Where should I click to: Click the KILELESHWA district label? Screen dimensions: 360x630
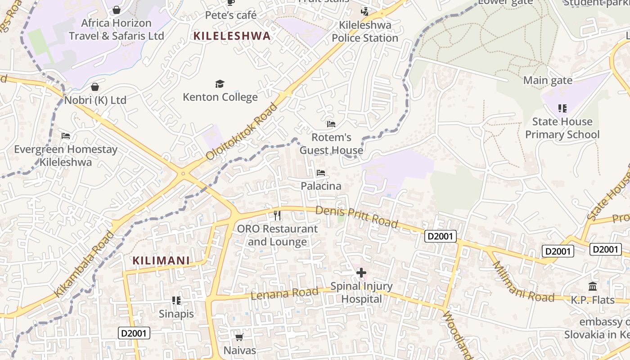click(x=232, y=36)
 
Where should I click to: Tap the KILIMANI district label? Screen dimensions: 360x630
click(x=161, y=261)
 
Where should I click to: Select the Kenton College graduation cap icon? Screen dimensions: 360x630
click(x=220, y=84)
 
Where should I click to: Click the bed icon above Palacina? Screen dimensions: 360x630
click(x=320, y=173)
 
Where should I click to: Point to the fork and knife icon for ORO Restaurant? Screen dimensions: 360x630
click(x=277, y=216)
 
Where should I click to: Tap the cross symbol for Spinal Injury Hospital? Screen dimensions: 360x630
click(x=361, y=273)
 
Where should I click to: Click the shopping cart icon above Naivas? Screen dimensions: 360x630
click(x=239, y=337)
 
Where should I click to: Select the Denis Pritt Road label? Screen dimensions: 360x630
click(x=356, y=216)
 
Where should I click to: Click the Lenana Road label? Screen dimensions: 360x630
click(x=284, y=293)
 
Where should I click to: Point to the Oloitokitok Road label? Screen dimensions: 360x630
click(x=242, y=131)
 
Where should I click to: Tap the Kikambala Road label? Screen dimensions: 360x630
click(x=84, y=265)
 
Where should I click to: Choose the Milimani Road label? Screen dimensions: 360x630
click(x=523, y=282)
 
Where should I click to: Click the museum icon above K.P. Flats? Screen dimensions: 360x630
click(x=593, y=286)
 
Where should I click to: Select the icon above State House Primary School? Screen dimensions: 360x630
click(x=562, y=108)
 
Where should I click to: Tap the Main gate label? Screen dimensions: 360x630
click(x=548, y=81)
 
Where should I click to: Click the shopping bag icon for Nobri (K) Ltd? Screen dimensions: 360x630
click(x=95, y=86)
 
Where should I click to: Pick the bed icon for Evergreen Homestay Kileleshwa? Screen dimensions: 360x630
click(x=66, y=136)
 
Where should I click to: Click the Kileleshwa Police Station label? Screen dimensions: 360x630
click(x=365, y=31)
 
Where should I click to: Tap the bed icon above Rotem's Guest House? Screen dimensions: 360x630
click(x=331, y=124)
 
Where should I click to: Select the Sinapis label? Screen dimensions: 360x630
click(x=176, y=314)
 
